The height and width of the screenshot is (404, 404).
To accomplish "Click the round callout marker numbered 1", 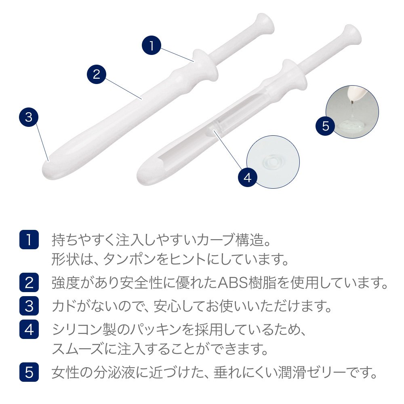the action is pos(151,45).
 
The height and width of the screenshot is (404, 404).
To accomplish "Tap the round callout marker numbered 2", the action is pos(97,74).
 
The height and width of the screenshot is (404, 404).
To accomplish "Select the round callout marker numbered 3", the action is pos(29,117).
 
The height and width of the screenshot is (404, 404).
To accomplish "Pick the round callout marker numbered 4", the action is pos(247,177).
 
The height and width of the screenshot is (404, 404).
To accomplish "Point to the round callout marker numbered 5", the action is pos(325,126).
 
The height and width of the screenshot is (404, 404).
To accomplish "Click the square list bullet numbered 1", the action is pos(29,240).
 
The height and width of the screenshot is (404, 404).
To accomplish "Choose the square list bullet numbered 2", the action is pos(29,282).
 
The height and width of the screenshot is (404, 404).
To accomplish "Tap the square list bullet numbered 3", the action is pos(29,306).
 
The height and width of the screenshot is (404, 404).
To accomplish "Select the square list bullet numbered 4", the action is pos(29,329).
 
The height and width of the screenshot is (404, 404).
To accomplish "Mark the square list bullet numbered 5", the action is pos(29,372).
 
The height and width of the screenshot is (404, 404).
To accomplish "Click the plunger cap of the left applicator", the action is pos(263,23).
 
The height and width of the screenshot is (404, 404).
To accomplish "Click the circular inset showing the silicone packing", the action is pos(273,162).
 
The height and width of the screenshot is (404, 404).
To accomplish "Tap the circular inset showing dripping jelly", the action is pos(352,112).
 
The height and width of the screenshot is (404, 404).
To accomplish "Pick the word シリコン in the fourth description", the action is pos(77,330).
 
